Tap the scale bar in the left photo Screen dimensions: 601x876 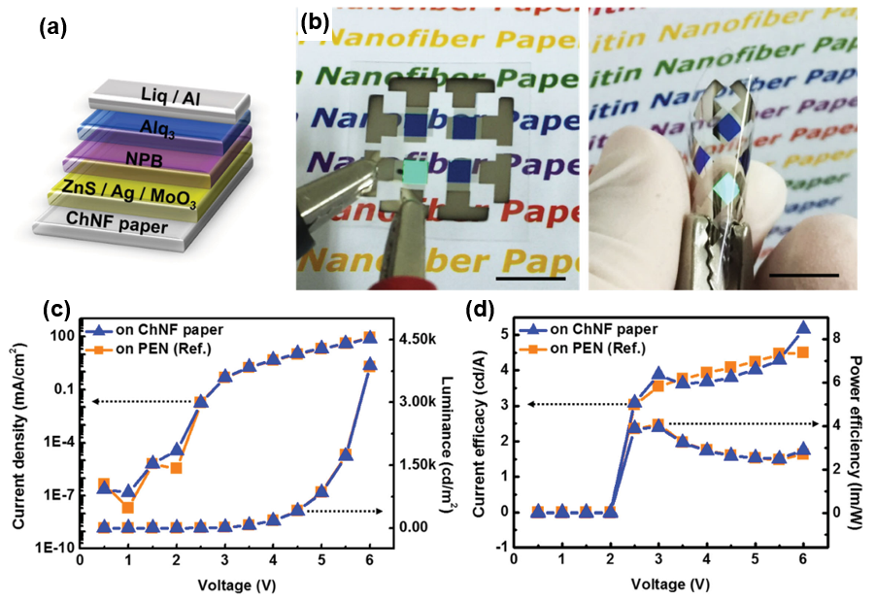click(x=528, y=279)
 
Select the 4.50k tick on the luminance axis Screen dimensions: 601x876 click(x=415, y=339)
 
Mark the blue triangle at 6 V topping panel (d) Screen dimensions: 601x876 click(x=803, y=329)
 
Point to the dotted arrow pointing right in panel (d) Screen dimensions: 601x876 click(x=738, y=424)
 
